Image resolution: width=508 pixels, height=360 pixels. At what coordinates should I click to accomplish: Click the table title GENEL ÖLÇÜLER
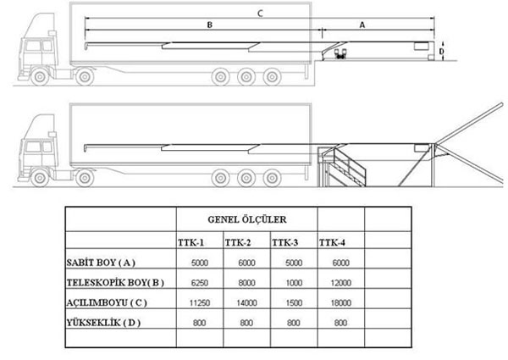(247, 219)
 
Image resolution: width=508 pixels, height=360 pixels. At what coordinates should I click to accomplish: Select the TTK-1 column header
(190, 243)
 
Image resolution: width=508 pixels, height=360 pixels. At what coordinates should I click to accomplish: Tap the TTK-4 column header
(332, 243)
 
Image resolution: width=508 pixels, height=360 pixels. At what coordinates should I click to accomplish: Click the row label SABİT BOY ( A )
(101, 263)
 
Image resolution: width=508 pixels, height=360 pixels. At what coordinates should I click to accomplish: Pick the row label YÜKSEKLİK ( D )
(103, 323)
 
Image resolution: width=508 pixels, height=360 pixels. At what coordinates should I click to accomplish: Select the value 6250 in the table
(200, 283)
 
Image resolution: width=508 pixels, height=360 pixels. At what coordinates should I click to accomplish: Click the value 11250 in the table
(200, 303)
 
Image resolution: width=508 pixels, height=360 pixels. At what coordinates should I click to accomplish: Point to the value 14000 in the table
(247, 303)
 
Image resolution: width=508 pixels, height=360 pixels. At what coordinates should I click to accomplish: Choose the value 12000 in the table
(341, 283)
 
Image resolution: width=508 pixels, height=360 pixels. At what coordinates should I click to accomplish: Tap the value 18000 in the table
(341, 303)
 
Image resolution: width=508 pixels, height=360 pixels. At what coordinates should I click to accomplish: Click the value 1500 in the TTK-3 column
(294, 303)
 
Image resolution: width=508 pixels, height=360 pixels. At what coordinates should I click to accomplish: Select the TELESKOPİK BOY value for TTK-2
(247, 283)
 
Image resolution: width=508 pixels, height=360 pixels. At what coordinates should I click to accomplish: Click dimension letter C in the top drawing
(260, 14)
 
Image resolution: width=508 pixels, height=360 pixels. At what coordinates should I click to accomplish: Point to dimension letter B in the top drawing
(210, 25)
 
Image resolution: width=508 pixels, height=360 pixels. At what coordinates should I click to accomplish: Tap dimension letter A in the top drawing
(362, 25)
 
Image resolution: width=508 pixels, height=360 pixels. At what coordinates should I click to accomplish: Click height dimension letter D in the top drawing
(441, 52)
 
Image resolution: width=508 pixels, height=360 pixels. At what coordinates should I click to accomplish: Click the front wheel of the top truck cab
(40, 77)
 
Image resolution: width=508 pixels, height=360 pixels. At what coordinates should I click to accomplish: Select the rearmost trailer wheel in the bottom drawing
(272, 178)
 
